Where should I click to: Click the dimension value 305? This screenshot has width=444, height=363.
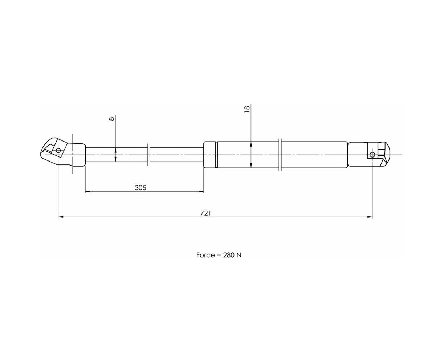pyautogui.click(x=140, y=188)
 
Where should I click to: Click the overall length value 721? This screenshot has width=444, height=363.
pyautogui.click(x=205, y=213)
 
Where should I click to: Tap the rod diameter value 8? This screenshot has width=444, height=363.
pyautogui.click(x=111, y=119)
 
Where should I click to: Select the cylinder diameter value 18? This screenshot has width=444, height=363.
pyautogui.click(x=247, y=109)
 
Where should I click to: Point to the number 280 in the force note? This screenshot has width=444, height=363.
pyautogui.click(x=228, y=255)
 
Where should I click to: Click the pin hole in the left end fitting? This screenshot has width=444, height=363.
pyautogui.click(x=58, y=150)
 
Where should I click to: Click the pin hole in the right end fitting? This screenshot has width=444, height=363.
pyautogui.click(x=372, y=155)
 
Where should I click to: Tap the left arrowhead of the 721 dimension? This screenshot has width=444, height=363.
pyautogui.click(x=61, y=217)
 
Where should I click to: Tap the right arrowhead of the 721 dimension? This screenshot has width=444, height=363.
pyautogui.click(x=370, y=217)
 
